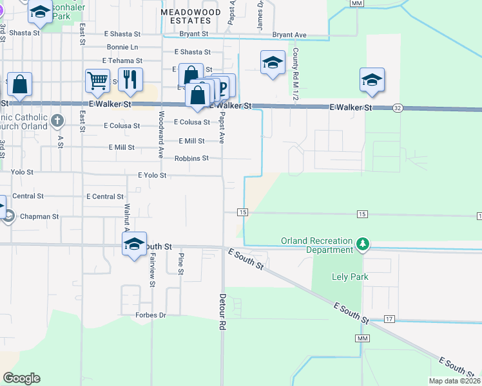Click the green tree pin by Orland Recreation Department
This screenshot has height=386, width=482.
point(363,244)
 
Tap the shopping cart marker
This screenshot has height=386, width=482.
point(97,80)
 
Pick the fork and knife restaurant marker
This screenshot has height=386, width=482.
point(130,78)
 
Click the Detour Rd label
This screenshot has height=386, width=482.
point(222,313)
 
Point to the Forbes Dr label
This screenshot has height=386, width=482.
point(151,315)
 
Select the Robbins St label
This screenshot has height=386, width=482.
point(191,158)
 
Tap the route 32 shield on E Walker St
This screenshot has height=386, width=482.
point(397,109)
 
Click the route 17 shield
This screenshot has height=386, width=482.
point(389,319)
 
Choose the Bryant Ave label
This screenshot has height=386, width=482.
point(289,35)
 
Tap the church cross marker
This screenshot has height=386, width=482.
point(57,120)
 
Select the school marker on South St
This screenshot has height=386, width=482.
point(135,244)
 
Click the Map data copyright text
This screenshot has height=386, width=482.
point(453,381)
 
